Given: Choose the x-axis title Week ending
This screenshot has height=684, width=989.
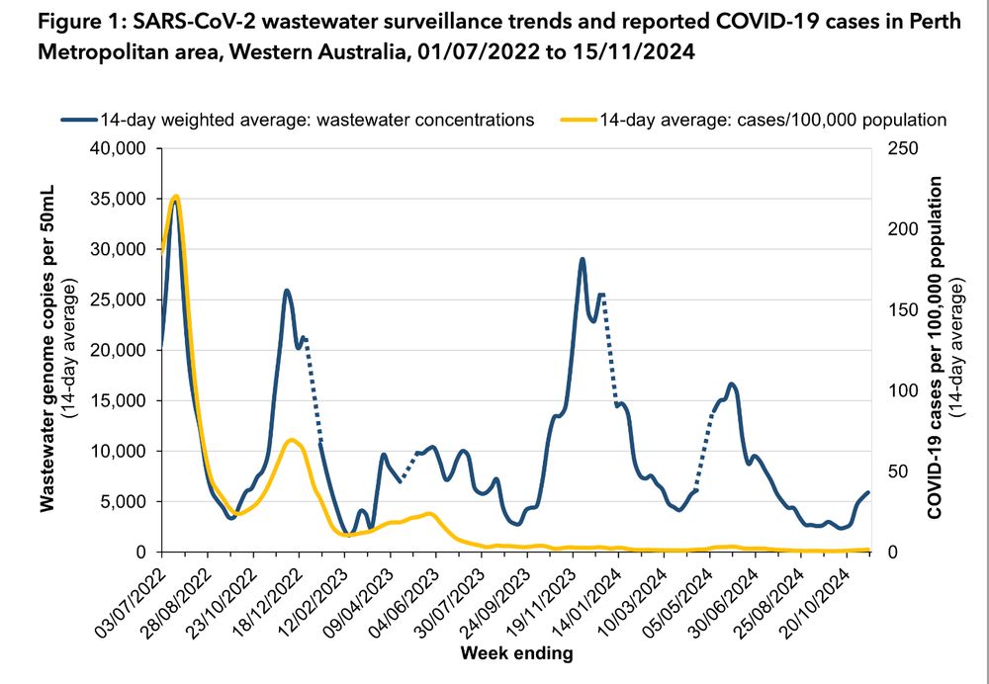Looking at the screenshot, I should point(515,653).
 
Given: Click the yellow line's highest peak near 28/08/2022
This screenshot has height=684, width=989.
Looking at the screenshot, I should point(175,197).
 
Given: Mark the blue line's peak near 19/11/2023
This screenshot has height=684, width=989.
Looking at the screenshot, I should point(583,259).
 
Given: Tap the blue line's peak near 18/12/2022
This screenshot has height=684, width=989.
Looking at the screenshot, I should point(286,291).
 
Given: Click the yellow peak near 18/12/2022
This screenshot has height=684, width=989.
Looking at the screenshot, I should point(290,440).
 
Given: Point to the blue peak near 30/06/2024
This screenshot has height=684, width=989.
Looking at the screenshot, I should point(732,384).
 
